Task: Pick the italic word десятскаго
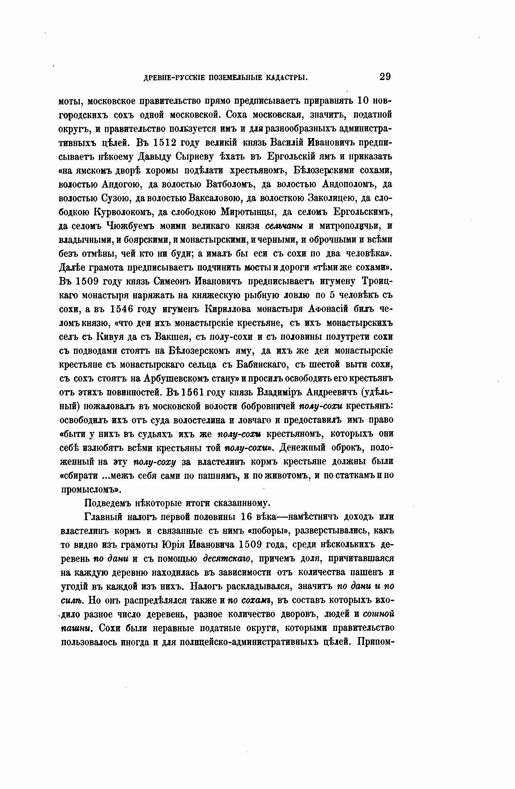228,558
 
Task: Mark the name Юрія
205,544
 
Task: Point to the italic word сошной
379,614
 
